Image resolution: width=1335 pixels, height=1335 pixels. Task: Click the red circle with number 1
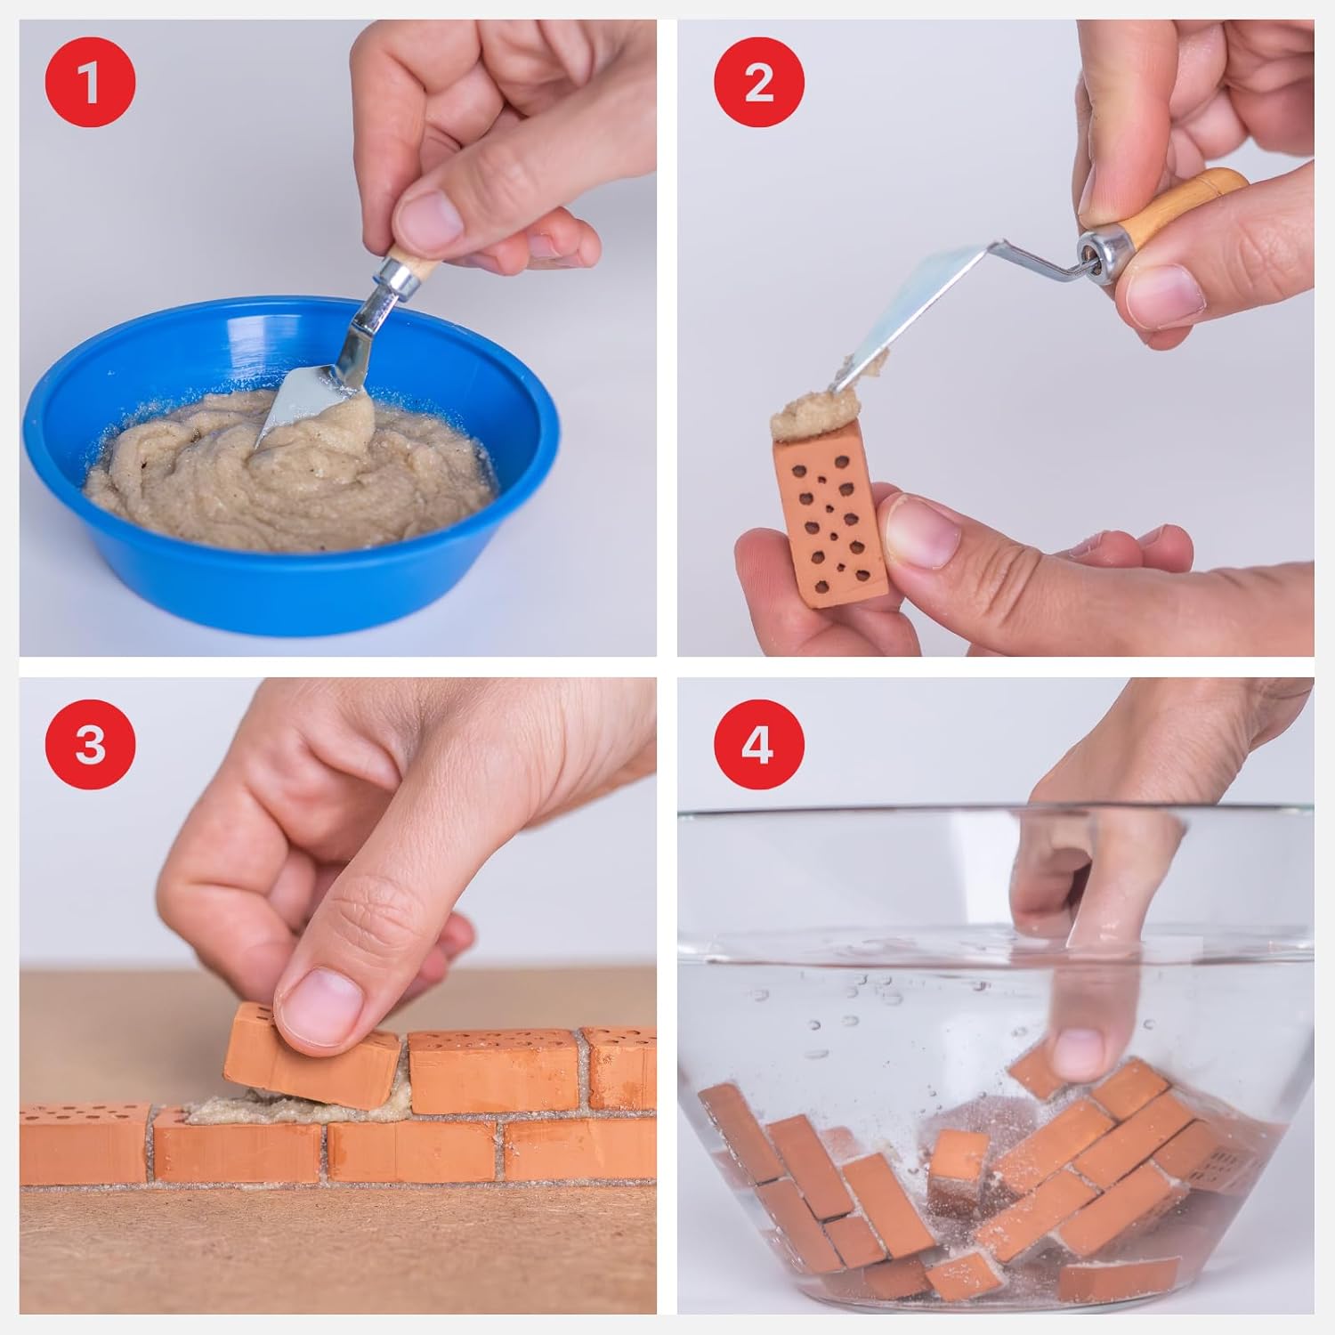click(90, 85)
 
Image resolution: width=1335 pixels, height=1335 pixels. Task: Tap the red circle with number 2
click(758, 85)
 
